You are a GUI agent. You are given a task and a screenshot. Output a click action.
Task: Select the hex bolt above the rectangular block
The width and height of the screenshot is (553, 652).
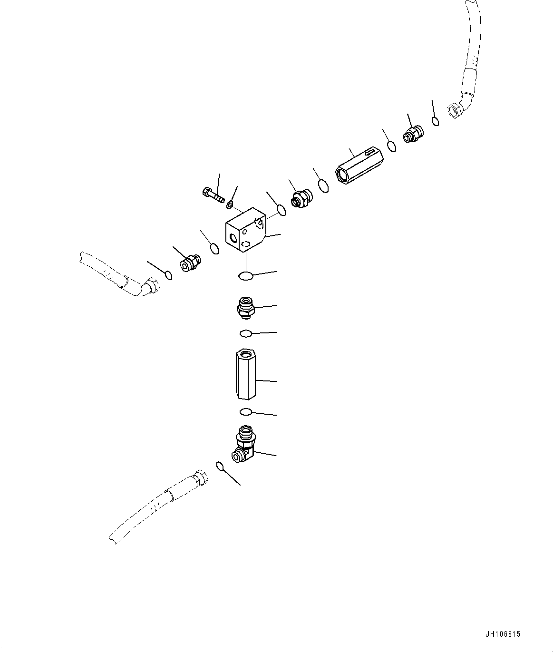(213, 195)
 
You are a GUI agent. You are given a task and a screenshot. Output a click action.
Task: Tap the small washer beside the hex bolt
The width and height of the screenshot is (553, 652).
(230, 204)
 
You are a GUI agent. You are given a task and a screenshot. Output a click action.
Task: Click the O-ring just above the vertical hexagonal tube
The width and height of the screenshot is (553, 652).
(246, 333)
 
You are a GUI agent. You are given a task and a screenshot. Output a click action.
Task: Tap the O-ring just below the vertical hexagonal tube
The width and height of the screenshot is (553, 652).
(245, 411)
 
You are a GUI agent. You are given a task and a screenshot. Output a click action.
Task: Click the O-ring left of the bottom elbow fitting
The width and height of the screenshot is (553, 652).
(220, 466)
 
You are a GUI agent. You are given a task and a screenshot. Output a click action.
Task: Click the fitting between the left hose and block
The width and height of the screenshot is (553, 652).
(190, 263)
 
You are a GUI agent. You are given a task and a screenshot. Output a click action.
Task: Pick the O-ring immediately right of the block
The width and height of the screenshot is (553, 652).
(281, 210)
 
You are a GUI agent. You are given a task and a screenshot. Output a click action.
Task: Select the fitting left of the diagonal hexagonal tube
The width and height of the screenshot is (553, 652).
(301, 197)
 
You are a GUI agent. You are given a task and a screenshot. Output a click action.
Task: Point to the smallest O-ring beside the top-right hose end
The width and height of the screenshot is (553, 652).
(436, 121)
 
